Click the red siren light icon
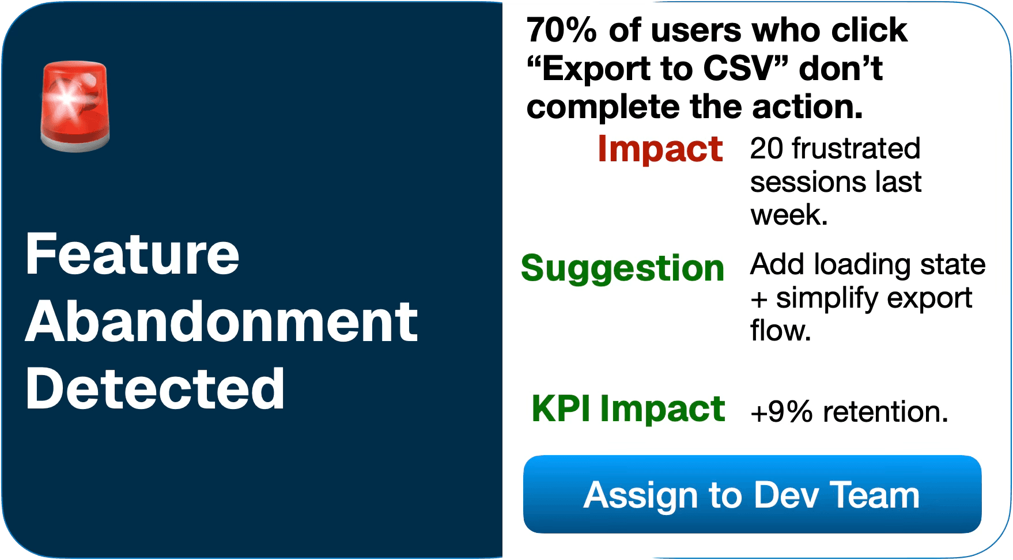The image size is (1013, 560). coord(75,106)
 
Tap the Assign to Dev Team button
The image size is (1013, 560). coord(752,494)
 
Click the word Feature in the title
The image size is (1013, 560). coord(133,254)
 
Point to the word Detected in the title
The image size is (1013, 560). coord(155,389)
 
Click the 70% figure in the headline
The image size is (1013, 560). coord(561,30)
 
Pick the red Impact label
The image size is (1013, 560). coord(660,149)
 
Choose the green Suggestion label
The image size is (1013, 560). coord(622,268)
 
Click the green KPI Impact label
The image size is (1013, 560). coord(628,408)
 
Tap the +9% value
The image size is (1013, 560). coord(781,412)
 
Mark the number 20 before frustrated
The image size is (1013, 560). coord(767,149)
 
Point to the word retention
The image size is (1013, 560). coord(886,412)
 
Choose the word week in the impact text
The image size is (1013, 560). coord(785,215)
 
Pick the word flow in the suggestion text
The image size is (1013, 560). coord(777,331)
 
